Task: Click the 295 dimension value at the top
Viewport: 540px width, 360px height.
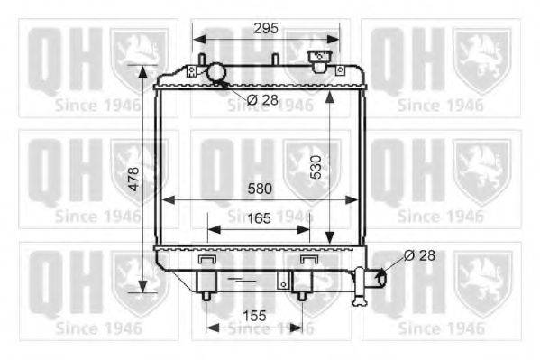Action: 266,28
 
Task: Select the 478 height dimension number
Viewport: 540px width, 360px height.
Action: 133,179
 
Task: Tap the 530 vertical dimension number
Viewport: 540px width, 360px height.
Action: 316,168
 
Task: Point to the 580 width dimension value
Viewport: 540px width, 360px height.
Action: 260,189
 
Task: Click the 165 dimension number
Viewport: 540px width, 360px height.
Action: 259,218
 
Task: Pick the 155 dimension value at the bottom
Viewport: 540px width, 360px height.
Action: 254,316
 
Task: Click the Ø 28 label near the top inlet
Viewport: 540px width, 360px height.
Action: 262,100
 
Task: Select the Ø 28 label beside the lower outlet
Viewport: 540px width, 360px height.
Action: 419,255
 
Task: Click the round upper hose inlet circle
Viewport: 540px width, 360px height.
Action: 216,71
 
